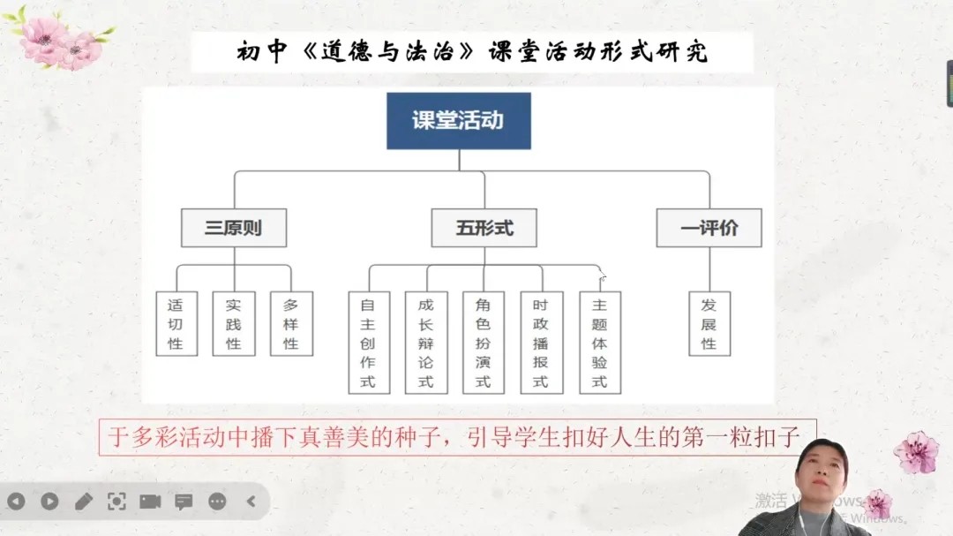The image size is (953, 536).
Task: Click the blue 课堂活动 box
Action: [459, 121]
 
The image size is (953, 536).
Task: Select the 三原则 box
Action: [234, 228]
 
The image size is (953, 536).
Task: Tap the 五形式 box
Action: [484, 228]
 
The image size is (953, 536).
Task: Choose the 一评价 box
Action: [709, 228]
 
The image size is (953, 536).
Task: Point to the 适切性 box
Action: [176, 323]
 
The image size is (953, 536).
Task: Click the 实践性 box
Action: [233, 323]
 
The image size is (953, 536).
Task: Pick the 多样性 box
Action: [291, 323]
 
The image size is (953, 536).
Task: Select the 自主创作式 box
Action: [369, 343]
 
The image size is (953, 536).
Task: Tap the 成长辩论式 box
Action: [426, 343]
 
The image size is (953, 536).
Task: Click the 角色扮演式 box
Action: [484, 343]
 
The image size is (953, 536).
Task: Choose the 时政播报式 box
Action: [541, 343]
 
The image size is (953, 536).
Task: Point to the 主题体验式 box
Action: [600, 343]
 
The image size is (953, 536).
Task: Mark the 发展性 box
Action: [709, 323]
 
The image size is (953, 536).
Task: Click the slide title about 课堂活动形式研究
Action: [472, 52]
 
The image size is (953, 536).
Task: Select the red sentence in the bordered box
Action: [456, 437]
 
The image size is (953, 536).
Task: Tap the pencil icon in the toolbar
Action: [84, 502]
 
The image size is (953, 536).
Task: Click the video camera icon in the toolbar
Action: [150, 502]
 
